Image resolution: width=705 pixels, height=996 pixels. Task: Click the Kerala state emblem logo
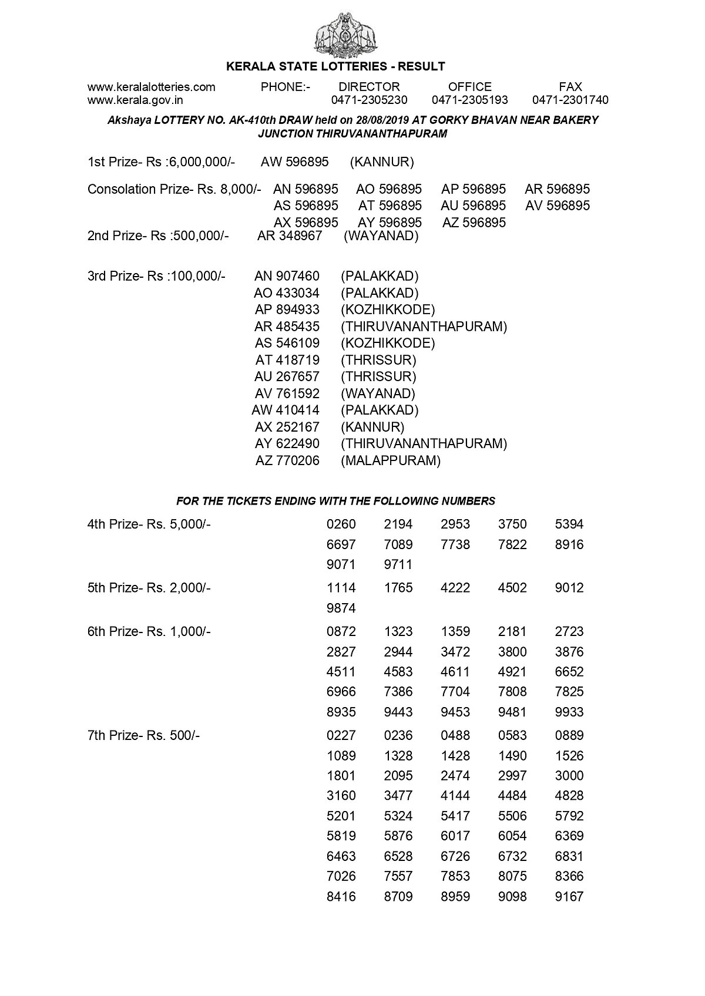click(x=347, y=33)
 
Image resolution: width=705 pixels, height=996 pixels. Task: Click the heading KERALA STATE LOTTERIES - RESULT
click(x=335, y=66)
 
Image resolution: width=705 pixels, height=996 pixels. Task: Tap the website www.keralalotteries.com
click(x=152, y=87)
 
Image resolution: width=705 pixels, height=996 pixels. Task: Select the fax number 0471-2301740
click(x=570, y=100)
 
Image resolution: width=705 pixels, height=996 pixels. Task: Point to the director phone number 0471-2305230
click(x=369, y=100)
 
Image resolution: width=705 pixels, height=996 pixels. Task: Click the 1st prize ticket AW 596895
click(x=295, y=161)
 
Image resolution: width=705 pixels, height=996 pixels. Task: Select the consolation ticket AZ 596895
click(x=474, y=223)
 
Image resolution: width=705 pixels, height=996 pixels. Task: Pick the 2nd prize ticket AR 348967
click(x=290, y=236)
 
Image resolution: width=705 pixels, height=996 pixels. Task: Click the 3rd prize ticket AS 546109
click(x=287, y=343)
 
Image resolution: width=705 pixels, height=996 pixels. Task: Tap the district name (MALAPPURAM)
click(x=391, y=460)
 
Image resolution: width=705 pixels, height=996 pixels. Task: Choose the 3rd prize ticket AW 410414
click(x=286, y=410)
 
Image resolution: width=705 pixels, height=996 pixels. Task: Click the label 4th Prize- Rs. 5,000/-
click(x=149, y=524)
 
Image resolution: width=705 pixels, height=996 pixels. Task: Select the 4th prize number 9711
click(x=398, y=564)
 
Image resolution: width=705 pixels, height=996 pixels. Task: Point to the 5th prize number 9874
click(x=341, y=608)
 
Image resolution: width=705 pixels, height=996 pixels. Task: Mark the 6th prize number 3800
click(x=512, y=651)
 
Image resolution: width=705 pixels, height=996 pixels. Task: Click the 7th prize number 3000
click(x=569, y=775)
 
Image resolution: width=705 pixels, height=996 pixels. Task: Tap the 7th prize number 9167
click(x=569, y=896)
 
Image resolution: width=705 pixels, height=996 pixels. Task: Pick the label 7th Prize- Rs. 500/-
click(x=143, y=735)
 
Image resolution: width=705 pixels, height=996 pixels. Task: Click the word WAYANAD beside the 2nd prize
click(x=381, y=236)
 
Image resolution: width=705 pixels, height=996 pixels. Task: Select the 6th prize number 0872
click(x=341, y=631)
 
